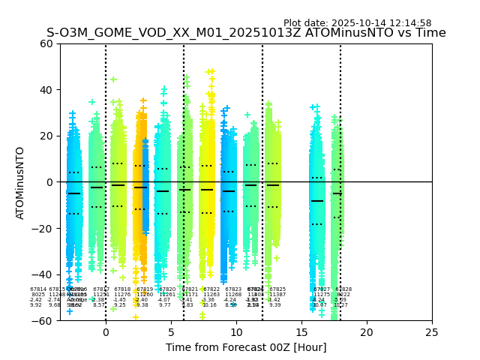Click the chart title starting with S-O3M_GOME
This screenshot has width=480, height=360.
click(246, 33)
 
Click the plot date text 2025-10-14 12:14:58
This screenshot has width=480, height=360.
click(357, 23)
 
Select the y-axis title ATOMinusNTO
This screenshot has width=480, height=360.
click(21, 182)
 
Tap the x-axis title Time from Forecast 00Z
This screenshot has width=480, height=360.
click(246, 347)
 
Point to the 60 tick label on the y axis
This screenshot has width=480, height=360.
click(46, 43)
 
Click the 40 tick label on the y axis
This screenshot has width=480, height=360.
click(46, 90)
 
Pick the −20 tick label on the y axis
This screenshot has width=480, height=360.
click(43, 229)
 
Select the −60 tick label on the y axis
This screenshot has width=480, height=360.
click(43, 321)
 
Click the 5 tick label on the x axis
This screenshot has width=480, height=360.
click(171, 331)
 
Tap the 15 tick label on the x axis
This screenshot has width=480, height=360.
click(301, 331)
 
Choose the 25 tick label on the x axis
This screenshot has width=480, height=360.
click(432, 331)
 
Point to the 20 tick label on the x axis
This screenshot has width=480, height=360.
click(367, 331)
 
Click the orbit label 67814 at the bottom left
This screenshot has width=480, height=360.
click(38, 289)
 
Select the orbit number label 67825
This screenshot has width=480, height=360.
click(277, 289)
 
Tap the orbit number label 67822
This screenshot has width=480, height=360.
click(211, 289)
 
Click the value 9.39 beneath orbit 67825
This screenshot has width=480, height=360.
click(275, 305)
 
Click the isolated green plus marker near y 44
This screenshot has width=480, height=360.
click(113, 79)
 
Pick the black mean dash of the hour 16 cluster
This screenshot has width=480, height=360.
click(317, 201)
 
